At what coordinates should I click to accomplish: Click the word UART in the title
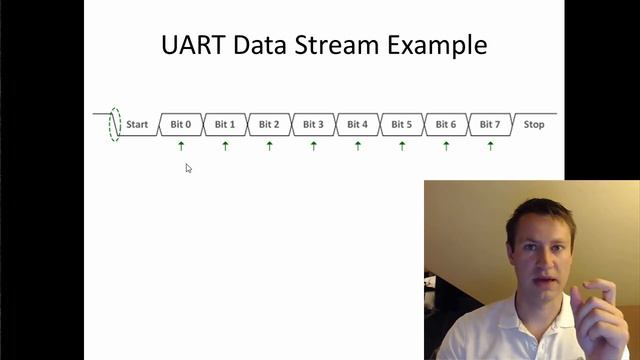(x=192, y=45)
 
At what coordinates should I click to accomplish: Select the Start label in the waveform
(x=137, y=125)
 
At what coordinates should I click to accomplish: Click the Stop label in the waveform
(x=534, y=125)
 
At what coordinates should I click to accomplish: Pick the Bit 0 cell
(x=181, y=125)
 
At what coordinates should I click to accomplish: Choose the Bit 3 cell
(x=313, y=125)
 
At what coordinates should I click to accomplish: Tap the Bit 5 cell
(x=401, y=125)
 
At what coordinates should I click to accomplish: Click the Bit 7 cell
(x=490, y=125)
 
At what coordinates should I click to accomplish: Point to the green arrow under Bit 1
(x=225, y=146)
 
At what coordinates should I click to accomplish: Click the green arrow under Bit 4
(x=358, y=146)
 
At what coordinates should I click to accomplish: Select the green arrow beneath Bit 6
(x=446, y=146)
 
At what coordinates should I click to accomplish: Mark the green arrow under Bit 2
(x=269, y=146)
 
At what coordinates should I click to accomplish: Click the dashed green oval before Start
(x=115, y=124)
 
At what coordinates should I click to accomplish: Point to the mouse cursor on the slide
(x=188, y=168)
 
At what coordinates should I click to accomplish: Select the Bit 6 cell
(x=446, y=125)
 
